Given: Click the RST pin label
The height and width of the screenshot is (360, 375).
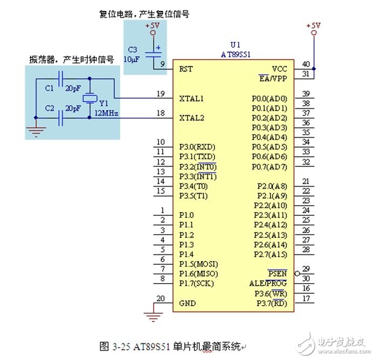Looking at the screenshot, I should (x=186, y=69).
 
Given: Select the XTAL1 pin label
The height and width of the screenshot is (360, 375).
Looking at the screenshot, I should (x=191, y=98).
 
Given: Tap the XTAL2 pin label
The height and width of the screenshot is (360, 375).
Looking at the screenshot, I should (x=191, y=117).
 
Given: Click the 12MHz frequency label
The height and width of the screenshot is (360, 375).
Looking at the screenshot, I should (x=106, y=114).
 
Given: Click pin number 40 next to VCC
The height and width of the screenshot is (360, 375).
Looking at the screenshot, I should (x=305, y=64).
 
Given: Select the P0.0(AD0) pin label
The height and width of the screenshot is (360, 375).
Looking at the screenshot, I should (x=269, y=98).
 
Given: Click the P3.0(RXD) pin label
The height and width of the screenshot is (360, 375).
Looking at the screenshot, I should (x=197, y=147).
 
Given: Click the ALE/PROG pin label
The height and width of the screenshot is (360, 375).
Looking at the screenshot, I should (x=268, y=283).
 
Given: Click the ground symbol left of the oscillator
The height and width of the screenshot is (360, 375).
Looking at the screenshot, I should (x=35, y=130).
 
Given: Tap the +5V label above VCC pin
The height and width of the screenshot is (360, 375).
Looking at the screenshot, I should (x=313, y=25).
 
